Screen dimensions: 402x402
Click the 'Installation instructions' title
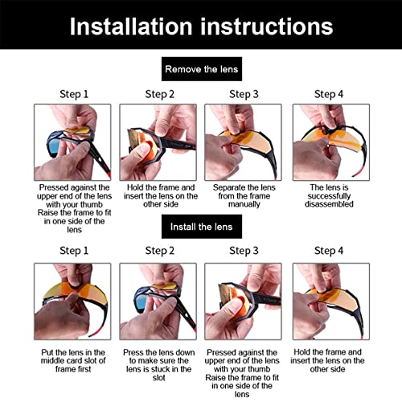tap(201, 27)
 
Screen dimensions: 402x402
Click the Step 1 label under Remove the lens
tap(72, 94)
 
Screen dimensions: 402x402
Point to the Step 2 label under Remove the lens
tap(158, 94)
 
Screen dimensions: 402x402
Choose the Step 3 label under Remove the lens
tap(243, 94)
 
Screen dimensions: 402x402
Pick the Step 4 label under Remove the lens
tap(328, 94)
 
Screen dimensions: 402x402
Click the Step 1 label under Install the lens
tap(72, 251)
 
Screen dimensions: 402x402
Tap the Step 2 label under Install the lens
tap(158, 251)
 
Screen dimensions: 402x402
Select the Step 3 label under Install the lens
tap(243, 251)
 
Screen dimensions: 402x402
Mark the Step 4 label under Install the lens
tap(328, 251)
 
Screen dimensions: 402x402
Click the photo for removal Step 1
tap(72, 141)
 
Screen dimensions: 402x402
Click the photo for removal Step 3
tap(243, 141)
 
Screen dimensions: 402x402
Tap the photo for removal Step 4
tap(328, 141)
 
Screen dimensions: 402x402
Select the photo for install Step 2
tap(158, 300)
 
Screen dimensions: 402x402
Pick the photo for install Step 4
tap(328, 300)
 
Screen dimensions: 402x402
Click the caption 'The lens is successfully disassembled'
tap(328, 195)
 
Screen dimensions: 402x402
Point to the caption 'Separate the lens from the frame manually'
tap(243, 195)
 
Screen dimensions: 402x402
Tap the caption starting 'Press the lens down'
tap(158, 363)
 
